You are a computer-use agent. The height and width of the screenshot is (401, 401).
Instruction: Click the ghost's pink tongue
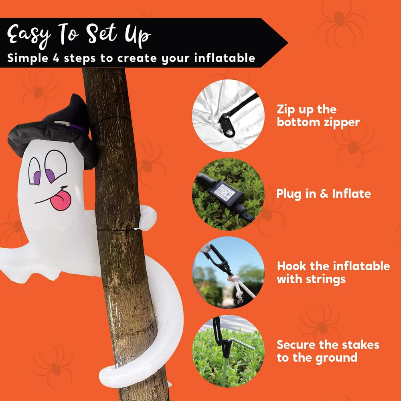[61, 201]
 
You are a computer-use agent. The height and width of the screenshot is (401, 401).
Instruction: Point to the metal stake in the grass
[240, 344]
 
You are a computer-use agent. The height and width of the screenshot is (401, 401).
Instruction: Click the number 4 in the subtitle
[56, 58]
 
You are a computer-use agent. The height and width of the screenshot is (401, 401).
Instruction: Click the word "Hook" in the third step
[292, 266]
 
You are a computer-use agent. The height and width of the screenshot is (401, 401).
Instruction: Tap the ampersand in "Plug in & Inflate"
[324, 194]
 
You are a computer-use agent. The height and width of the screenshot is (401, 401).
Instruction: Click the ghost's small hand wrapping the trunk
[148, 217]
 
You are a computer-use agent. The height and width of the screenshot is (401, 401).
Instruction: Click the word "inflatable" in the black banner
[225, 58]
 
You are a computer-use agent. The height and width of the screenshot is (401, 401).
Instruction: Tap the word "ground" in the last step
[336, 358]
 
